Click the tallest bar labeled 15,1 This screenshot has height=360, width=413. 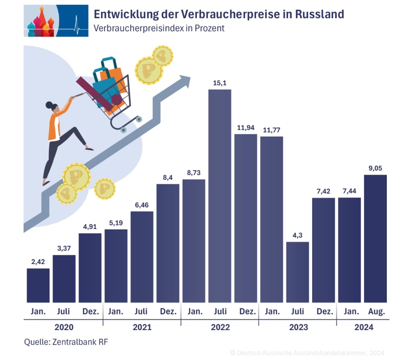coord(220,196)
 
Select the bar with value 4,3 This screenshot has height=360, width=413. coord(298,272)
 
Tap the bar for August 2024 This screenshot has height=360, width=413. coord(375,238)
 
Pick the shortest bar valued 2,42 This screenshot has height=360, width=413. coord(38,285)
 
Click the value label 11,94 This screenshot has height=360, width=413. coord(246,128)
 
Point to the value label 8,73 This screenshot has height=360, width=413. coord(194,173)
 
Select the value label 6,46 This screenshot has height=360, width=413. coord(142,205)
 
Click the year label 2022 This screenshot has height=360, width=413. coord(220,327)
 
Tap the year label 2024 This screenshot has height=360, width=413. coord(364,327)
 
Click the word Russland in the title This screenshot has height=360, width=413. coord(320,14)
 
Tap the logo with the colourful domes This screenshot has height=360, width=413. coord(56,21)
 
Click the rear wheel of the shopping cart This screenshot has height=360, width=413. coord(123,130)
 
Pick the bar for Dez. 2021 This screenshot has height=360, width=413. coord(168,243)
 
